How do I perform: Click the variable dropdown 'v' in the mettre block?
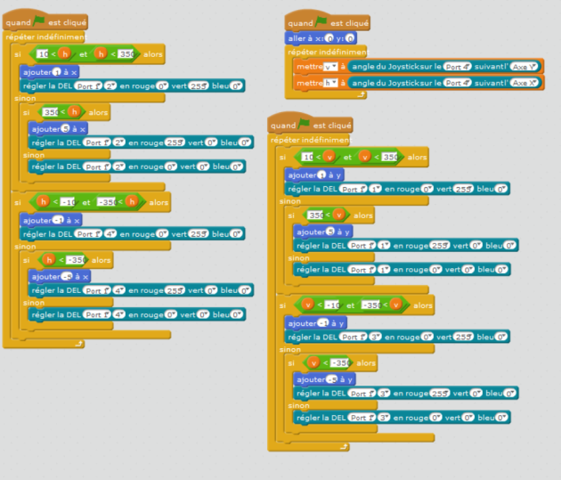331,67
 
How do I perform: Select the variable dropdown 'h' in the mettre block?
331,83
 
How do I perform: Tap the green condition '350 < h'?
62,113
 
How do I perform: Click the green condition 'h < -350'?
62,260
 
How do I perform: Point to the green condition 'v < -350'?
326,363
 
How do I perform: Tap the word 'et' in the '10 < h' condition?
84,54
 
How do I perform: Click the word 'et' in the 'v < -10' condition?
350,305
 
